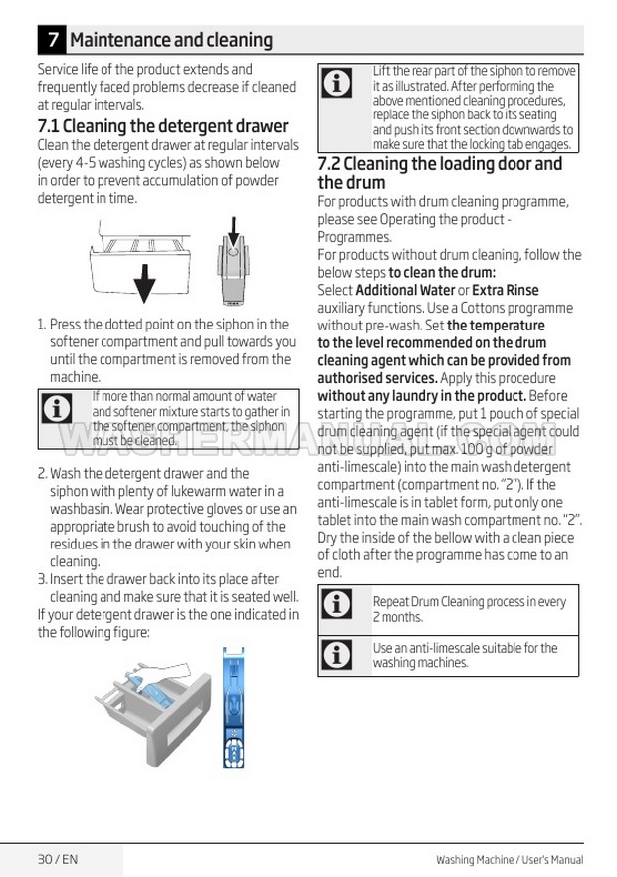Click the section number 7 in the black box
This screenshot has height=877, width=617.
click(52, 40)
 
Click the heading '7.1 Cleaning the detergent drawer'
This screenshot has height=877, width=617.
click(162, 126)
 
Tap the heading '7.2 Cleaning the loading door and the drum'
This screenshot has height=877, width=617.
click(439, 173)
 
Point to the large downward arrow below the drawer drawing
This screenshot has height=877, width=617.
click(144, 283)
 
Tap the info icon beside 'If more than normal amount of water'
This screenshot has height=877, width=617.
click(58, 407)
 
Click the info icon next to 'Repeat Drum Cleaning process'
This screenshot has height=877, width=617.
click(338, 603)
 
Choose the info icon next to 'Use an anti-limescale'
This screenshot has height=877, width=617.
click(338, 654)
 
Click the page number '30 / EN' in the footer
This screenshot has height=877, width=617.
click(57, 859)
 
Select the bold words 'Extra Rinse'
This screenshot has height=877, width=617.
click(505, 290)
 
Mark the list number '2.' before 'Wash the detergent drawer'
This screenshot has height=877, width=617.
click(42, 473)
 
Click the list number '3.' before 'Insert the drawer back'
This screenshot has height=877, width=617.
click(42, 579)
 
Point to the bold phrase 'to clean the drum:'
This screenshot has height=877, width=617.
click(442, 272)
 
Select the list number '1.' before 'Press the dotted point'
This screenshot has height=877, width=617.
click(42, 325)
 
